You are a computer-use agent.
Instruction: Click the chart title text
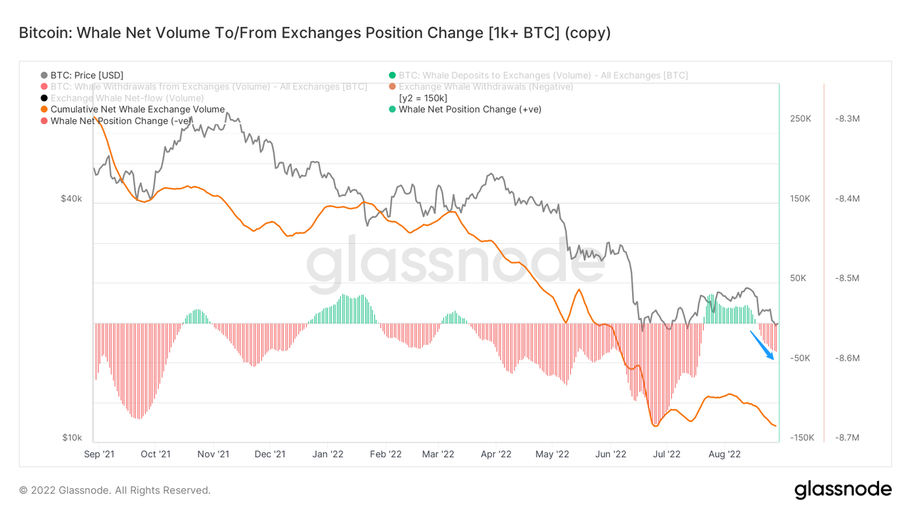[314, 33]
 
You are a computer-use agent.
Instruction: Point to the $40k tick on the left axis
[71, 199]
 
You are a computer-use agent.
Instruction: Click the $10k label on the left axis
[71, 437]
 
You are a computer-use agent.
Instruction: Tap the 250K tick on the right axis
[801, 118]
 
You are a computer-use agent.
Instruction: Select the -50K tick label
[801, 358]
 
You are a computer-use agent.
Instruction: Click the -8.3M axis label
[847, 118]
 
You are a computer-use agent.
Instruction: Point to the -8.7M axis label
[847, 437]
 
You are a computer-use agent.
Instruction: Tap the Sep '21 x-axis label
[99, 454]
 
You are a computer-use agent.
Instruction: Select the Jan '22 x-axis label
[328, 454]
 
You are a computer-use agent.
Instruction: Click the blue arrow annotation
[763, 345]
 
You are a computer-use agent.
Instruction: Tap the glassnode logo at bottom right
[843, 490]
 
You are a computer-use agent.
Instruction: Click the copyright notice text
[115, 490]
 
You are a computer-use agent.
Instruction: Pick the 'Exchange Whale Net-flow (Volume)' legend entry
[127, 98]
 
